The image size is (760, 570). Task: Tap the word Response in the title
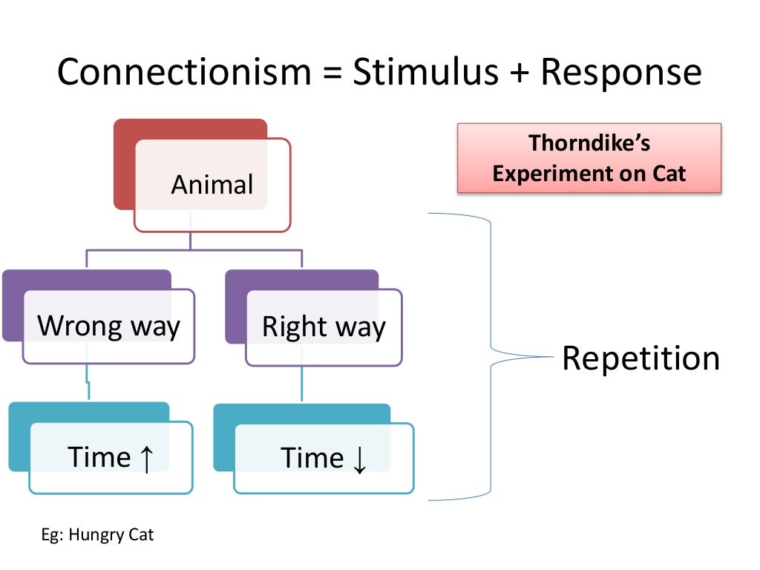620,73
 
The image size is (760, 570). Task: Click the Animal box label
212,184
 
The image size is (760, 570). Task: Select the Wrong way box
108,326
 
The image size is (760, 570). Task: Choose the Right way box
324,327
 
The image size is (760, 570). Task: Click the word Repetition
641,358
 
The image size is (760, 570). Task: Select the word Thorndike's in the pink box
589,143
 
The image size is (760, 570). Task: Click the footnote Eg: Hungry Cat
96,534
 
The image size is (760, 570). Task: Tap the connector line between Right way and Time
301,384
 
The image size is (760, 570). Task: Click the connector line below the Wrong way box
88,383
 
